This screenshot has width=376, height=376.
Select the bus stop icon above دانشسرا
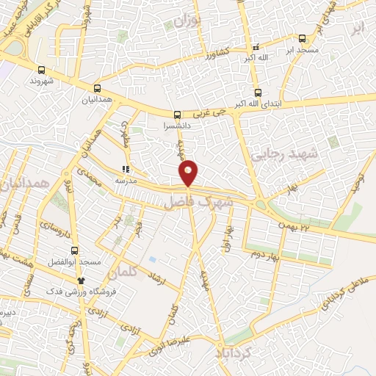[176, 115]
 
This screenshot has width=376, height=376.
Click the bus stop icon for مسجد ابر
[303, 39]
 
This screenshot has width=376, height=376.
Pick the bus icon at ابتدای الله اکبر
[257, 93]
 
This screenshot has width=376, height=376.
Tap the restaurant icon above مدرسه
[124, 168]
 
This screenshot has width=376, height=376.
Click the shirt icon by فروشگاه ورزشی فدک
[81, 281]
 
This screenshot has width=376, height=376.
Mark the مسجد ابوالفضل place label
[86, 262]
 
